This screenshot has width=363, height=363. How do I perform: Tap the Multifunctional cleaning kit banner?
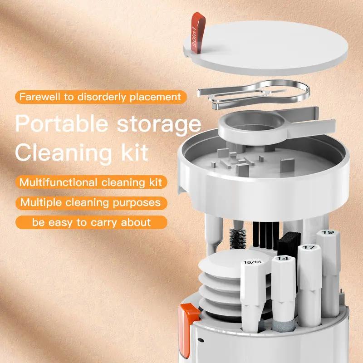91,182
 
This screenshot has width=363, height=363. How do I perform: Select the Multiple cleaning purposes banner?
91,202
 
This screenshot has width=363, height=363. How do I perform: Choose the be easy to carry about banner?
91,222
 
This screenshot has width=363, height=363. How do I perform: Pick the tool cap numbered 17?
309,248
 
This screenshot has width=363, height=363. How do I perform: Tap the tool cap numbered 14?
282,260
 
